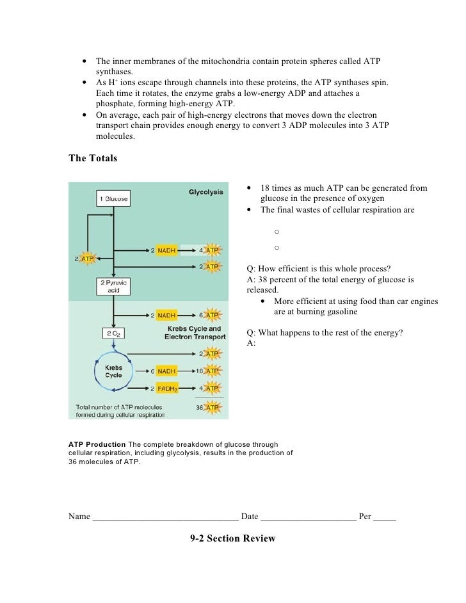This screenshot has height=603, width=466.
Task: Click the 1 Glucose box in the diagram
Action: [x=113, y=199]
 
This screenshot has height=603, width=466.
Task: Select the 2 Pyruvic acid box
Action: [x=113, y=286]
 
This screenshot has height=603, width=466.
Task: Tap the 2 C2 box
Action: [x=113, y=334]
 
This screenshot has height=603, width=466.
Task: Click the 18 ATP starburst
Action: [x=209, y=371]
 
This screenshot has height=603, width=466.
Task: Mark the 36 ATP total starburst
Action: [x=209, y=408]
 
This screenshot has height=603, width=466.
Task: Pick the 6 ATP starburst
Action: [x=209, y=315]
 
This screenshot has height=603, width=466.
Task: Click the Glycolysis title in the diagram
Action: [x=205, y=191]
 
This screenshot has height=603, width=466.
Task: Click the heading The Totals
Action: [x=93, y=159]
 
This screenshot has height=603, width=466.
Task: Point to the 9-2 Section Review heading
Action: [x=233, y=538]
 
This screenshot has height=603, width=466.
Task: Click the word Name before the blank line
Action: [x=79, y=517]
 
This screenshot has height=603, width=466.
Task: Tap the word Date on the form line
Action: [x=250, y=517]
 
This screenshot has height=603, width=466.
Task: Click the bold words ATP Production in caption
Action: [x=97, y=445]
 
